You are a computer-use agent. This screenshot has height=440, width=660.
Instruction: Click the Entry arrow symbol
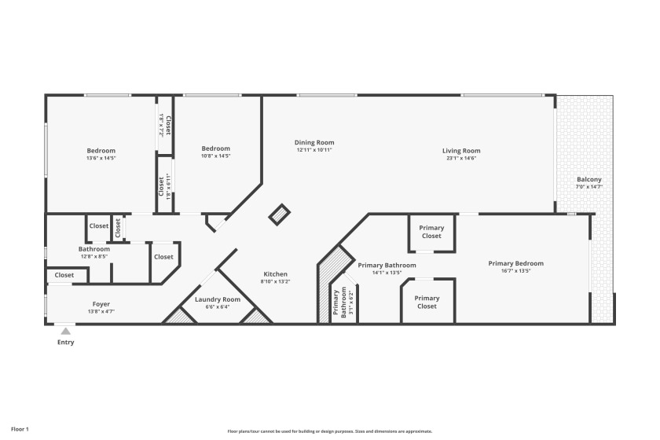click(65, 332)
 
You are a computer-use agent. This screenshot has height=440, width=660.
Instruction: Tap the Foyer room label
click(101, 303)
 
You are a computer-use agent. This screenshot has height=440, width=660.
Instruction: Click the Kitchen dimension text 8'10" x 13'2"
click(275, 281)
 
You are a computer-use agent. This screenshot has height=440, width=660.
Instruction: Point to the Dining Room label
click(314, 142)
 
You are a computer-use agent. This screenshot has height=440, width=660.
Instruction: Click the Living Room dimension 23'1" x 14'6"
click(460, 158)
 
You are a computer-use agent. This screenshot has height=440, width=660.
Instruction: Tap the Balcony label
click(588, 180)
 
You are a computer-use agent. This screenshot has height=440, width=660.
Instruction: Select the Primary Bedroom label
click(515, 263)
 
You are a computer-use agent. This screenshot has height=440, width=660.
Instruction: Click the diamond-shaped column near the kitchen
click(280, 213)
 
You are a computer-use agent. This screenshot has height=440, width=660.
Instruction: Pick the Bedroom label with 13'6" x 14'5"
click(101, 151)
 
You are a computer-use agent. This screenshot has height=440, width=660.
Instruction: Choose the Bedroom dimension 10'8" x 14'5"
click(215, 156)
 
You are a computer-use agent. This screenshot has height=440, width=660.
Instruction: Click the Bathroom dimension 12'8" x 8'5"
click(93, 256)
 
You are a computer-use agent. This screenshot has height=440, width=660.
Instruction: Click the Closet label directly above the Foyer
click(64, 275)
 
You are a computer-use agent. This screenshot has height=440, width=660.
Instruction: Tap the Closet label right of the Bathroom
click(163, 257)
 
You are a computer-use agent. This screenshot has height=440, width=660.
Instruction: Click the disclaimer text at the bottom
click(330, 431)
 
